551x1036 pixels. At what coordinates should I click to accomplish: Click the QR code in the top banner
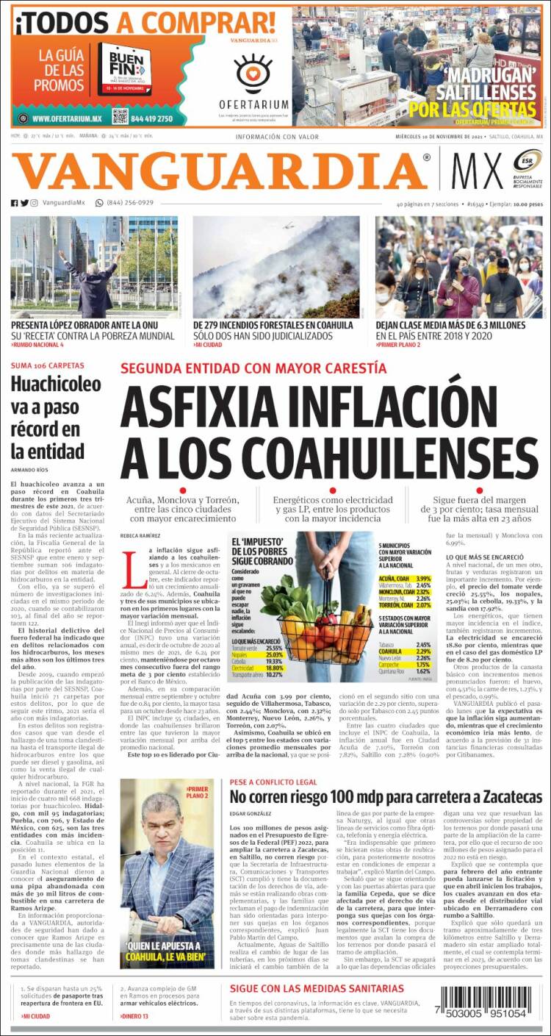pos(120,116)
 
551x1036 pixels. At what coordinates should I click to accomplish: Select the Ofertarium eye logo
pos(253,73)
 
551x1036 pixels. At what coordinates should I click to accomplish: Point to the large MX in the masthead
pos(477,172)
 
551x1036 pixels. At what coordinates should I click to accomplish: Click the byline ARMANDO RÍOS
pos(29,470)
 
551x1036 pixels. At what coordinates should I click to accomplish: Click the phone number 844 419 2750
pos(153,118)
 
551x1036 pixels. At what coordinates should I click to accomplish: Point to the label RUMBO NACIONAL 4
pos(38,345)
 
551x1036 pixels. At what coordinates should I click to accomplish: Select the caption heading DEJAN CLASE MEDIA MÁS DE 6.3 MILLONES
pos(450,325)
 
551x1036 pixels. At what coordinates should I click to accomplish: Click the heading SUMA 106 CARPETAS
pos(48,365)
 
